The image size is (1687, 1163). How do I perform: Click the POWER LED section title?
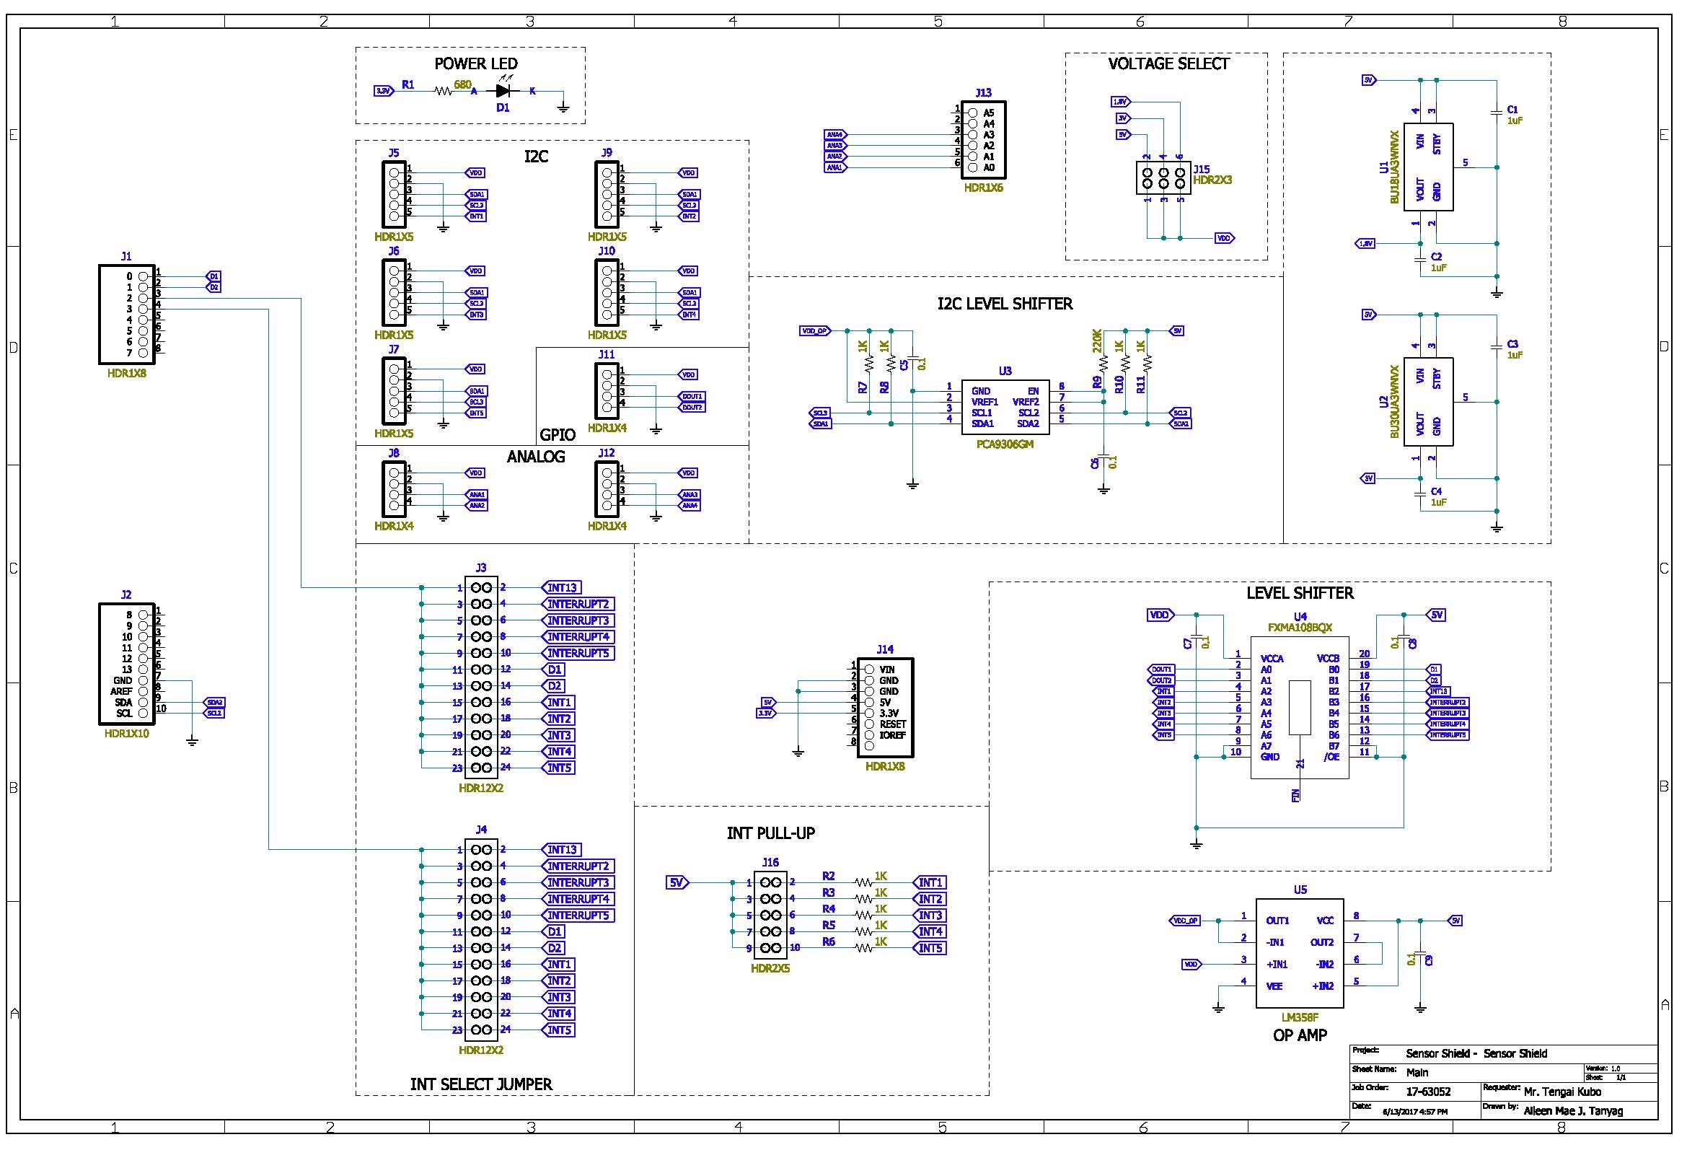pos(475,64)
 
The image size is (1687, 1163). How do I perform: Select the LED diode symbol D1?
pos(503,91)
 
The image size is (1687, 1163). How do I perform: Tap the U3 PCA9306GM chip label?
pos(1005,444)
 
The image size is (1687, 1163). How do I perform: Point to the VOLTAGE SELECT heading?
pos(1168,64)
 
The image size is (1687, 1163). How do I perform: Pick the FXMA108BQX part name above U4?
pos(1300,628)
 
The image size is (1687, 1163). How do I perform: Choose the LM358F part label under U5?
pos(1300,1017)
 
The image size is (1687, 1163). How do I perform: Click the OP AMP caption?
pos(1300,1035)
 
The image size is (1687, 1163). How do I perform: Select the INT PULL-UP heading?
pos(771,833)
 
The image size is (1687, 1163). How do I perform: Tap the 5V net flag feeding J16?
pos(677,882)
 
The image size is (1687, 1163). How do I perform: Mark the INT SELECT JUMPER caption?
pos(481,1084)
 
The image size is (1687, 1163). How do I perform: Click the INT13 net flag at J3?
pos(562,587)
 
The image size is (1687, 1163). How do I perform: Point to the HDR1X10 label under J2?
pos(127,734)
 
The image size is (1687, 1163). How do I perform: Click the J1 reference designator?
pos(127,257)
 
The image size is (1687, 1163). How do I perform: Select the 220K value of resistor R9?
pos(1097,341)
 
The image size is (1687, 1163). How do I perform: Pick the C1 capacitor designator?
pos(1513,110)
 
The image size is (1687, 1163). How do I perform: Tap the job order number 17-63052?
pos(1427,1092)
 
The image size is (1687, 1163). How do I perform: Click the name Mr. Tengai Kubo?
pos(1562,1092)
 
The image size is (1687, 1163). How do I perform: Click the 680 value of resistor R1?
pos(462,84)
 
